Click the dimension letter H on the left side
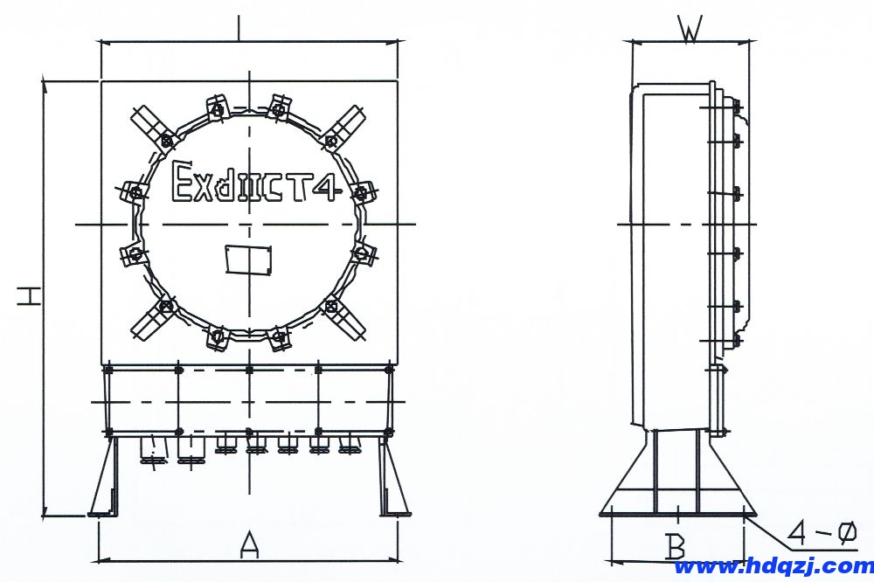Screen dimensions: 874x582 pyautogui.click(x=29, y=296)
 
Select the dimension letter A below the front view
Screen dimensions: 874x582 pyautogui.click(x=249, y=544)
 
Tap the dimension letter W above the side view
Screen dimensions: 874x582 pyautogui.click(x=690, y=29)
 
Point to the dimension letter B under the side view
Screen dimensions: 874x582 pyautogui.click(x=676, y=546)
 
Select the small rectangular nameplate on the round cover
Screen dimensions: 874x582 pyautogui.click(x=248, y=259)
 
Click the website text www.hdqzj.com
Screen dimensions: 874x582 pyautogui.click(x=773, y=567)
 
